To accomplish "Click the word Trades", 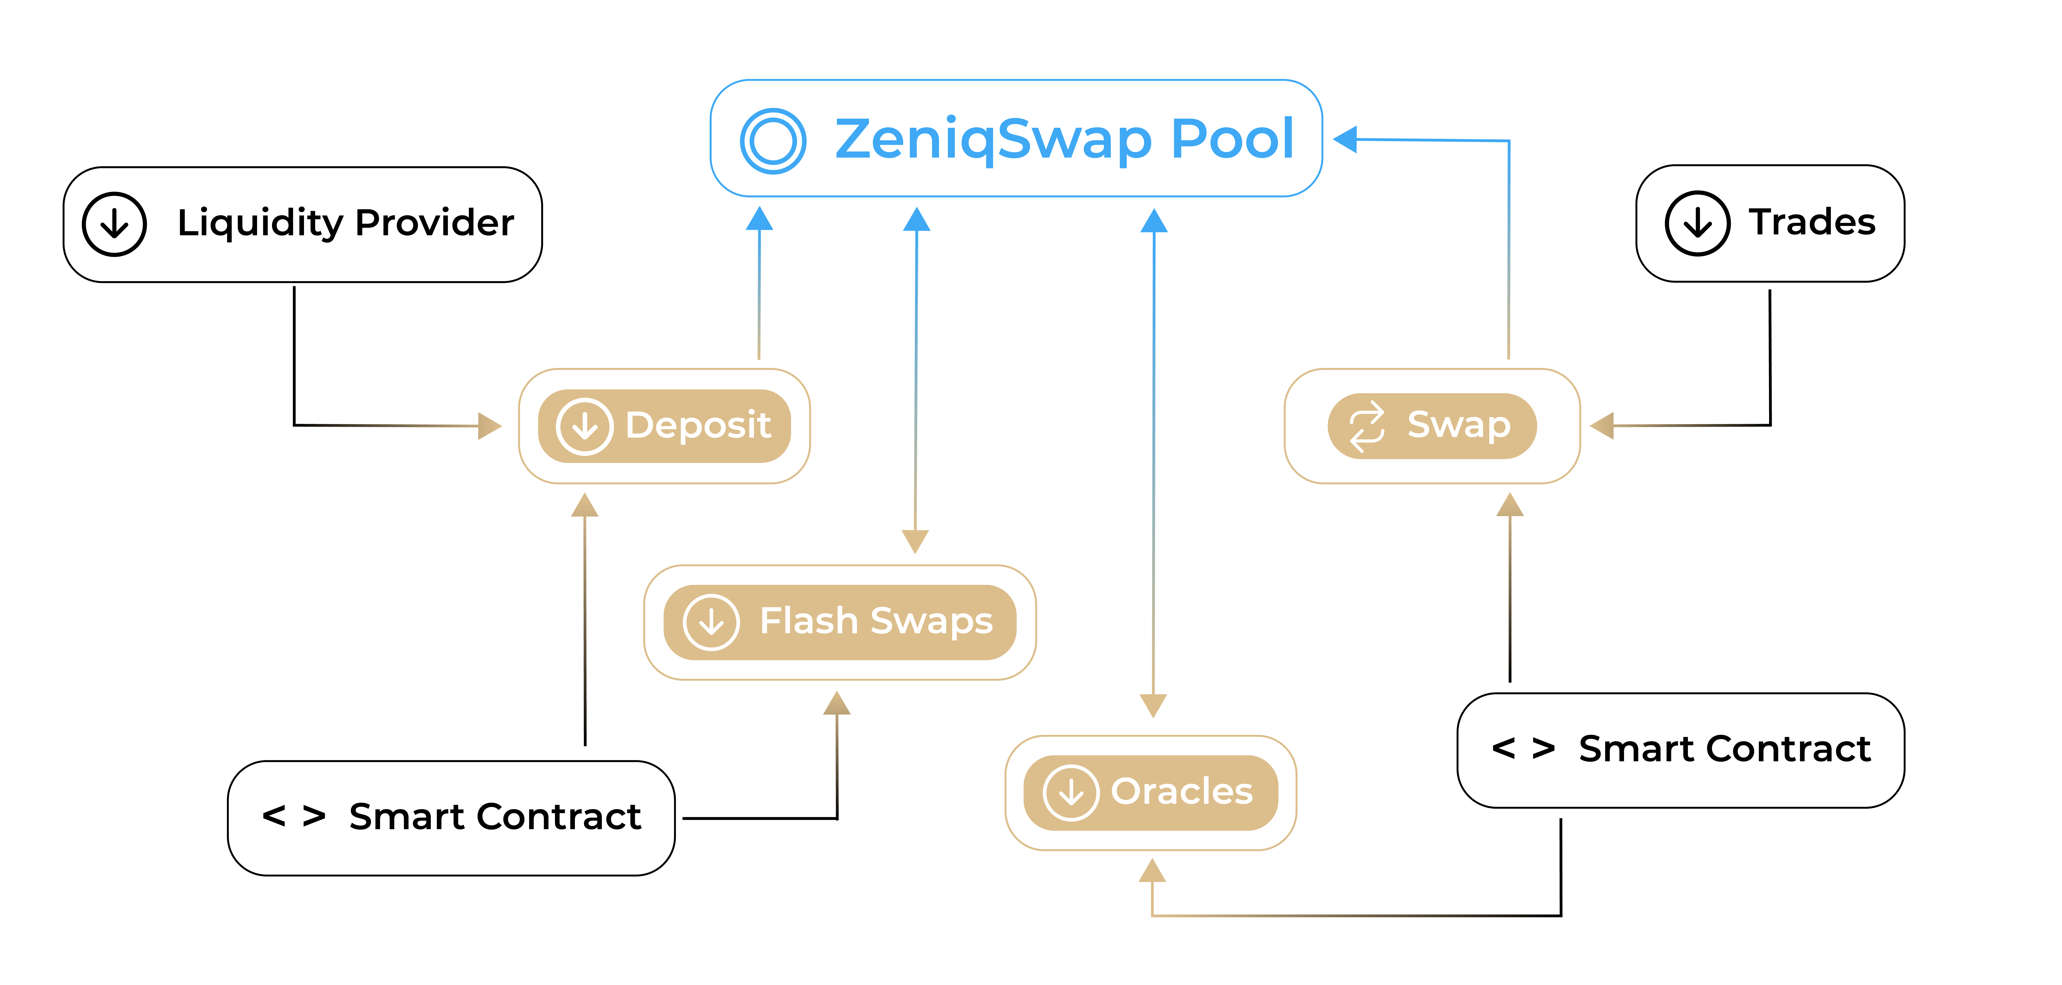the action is coord(1812,222).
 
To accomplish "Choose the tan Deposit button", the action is coord(664,426).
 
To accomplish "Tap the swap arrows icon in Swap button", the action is coord(1366,426).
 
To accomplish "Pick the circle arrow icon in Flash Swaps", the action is coord(711,622).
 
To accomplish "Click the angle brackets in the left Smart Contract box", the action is coord(294,816).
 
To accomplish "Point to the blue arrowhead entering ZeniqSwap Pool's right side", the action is coord(1346,138).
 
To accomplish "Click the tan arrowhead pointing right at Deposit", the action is coord(490,426).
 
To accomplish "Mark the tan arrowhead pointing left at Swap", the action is coord(1602,426).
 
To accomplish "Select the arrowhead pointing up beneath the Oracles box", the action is coord(1152,871).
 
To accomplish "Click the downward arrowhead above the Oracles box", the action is coord(1153,706).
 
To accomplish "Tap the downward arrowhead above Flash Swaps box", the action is coord(915,542).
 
